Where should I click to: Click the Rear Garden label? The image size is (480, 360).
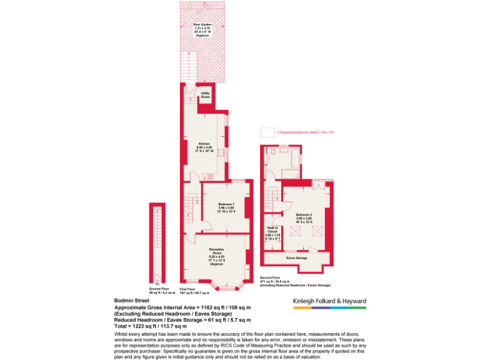[202, 29]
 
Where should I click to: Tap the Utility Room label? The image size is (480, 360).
[205, 95]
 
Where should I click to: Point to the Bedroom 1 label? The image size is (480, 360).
[226, 208]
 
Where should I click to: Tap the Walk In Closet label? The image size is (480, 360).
[272, 232]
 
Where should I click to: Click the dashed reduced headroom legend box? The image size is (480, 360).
[267, 132]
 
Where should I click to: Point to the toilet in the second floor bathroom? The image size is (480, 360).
[272, 152]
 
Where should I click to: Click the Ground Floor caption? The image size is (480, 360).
[156, 291]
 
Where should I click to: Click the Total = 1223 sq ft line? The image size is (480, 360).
[151, 326]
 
